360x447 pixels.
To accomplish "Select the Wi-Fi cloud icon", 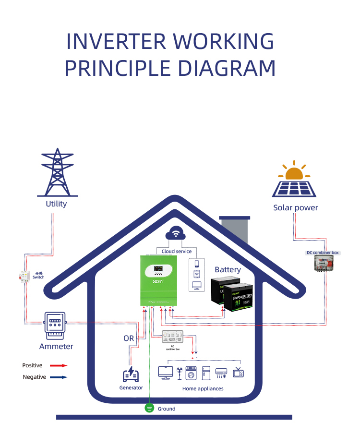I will tap(176, 234).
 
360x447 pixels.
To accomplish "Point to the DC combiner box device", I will tap(323, 264).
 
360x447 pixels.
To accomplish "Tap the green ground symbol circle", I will tap(149, 409).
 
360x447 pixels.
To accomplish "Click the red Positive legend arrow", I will tap(58, 365).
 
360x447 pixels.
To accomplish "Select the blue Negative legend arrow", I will tap(58, 377).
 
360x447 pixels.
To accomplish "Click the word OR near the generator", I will tap(129, 338).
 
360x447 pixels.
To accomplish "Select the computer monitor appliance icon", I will tap(166, 373).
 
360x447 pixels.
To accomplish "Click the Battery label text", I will tap(228, 269).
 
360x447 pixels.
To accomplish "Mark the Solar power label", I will tap(296, 208).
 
